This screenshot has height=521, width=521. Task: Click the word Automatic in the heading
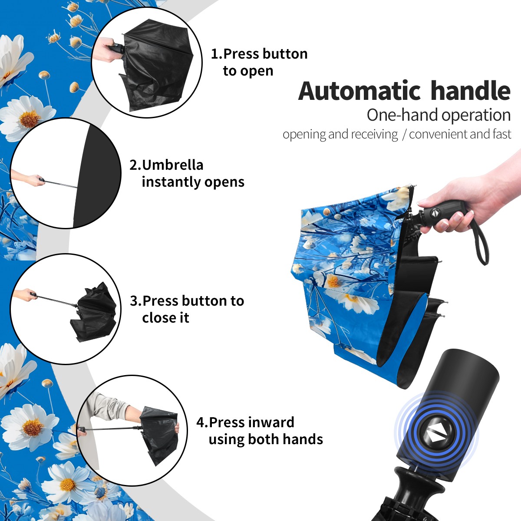pos(359,91)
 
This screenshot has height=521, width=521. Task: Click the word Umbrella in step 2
pos(172,165)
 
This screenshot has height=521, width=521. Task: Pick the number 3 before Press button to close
pos(134,301)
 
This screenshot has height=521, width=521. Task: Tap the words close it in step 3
pos(165,318)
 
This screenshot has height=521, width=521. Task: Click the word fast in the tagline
pos(502,134)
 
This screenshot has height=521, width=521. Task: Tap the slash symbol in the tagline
pos(404,135)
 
